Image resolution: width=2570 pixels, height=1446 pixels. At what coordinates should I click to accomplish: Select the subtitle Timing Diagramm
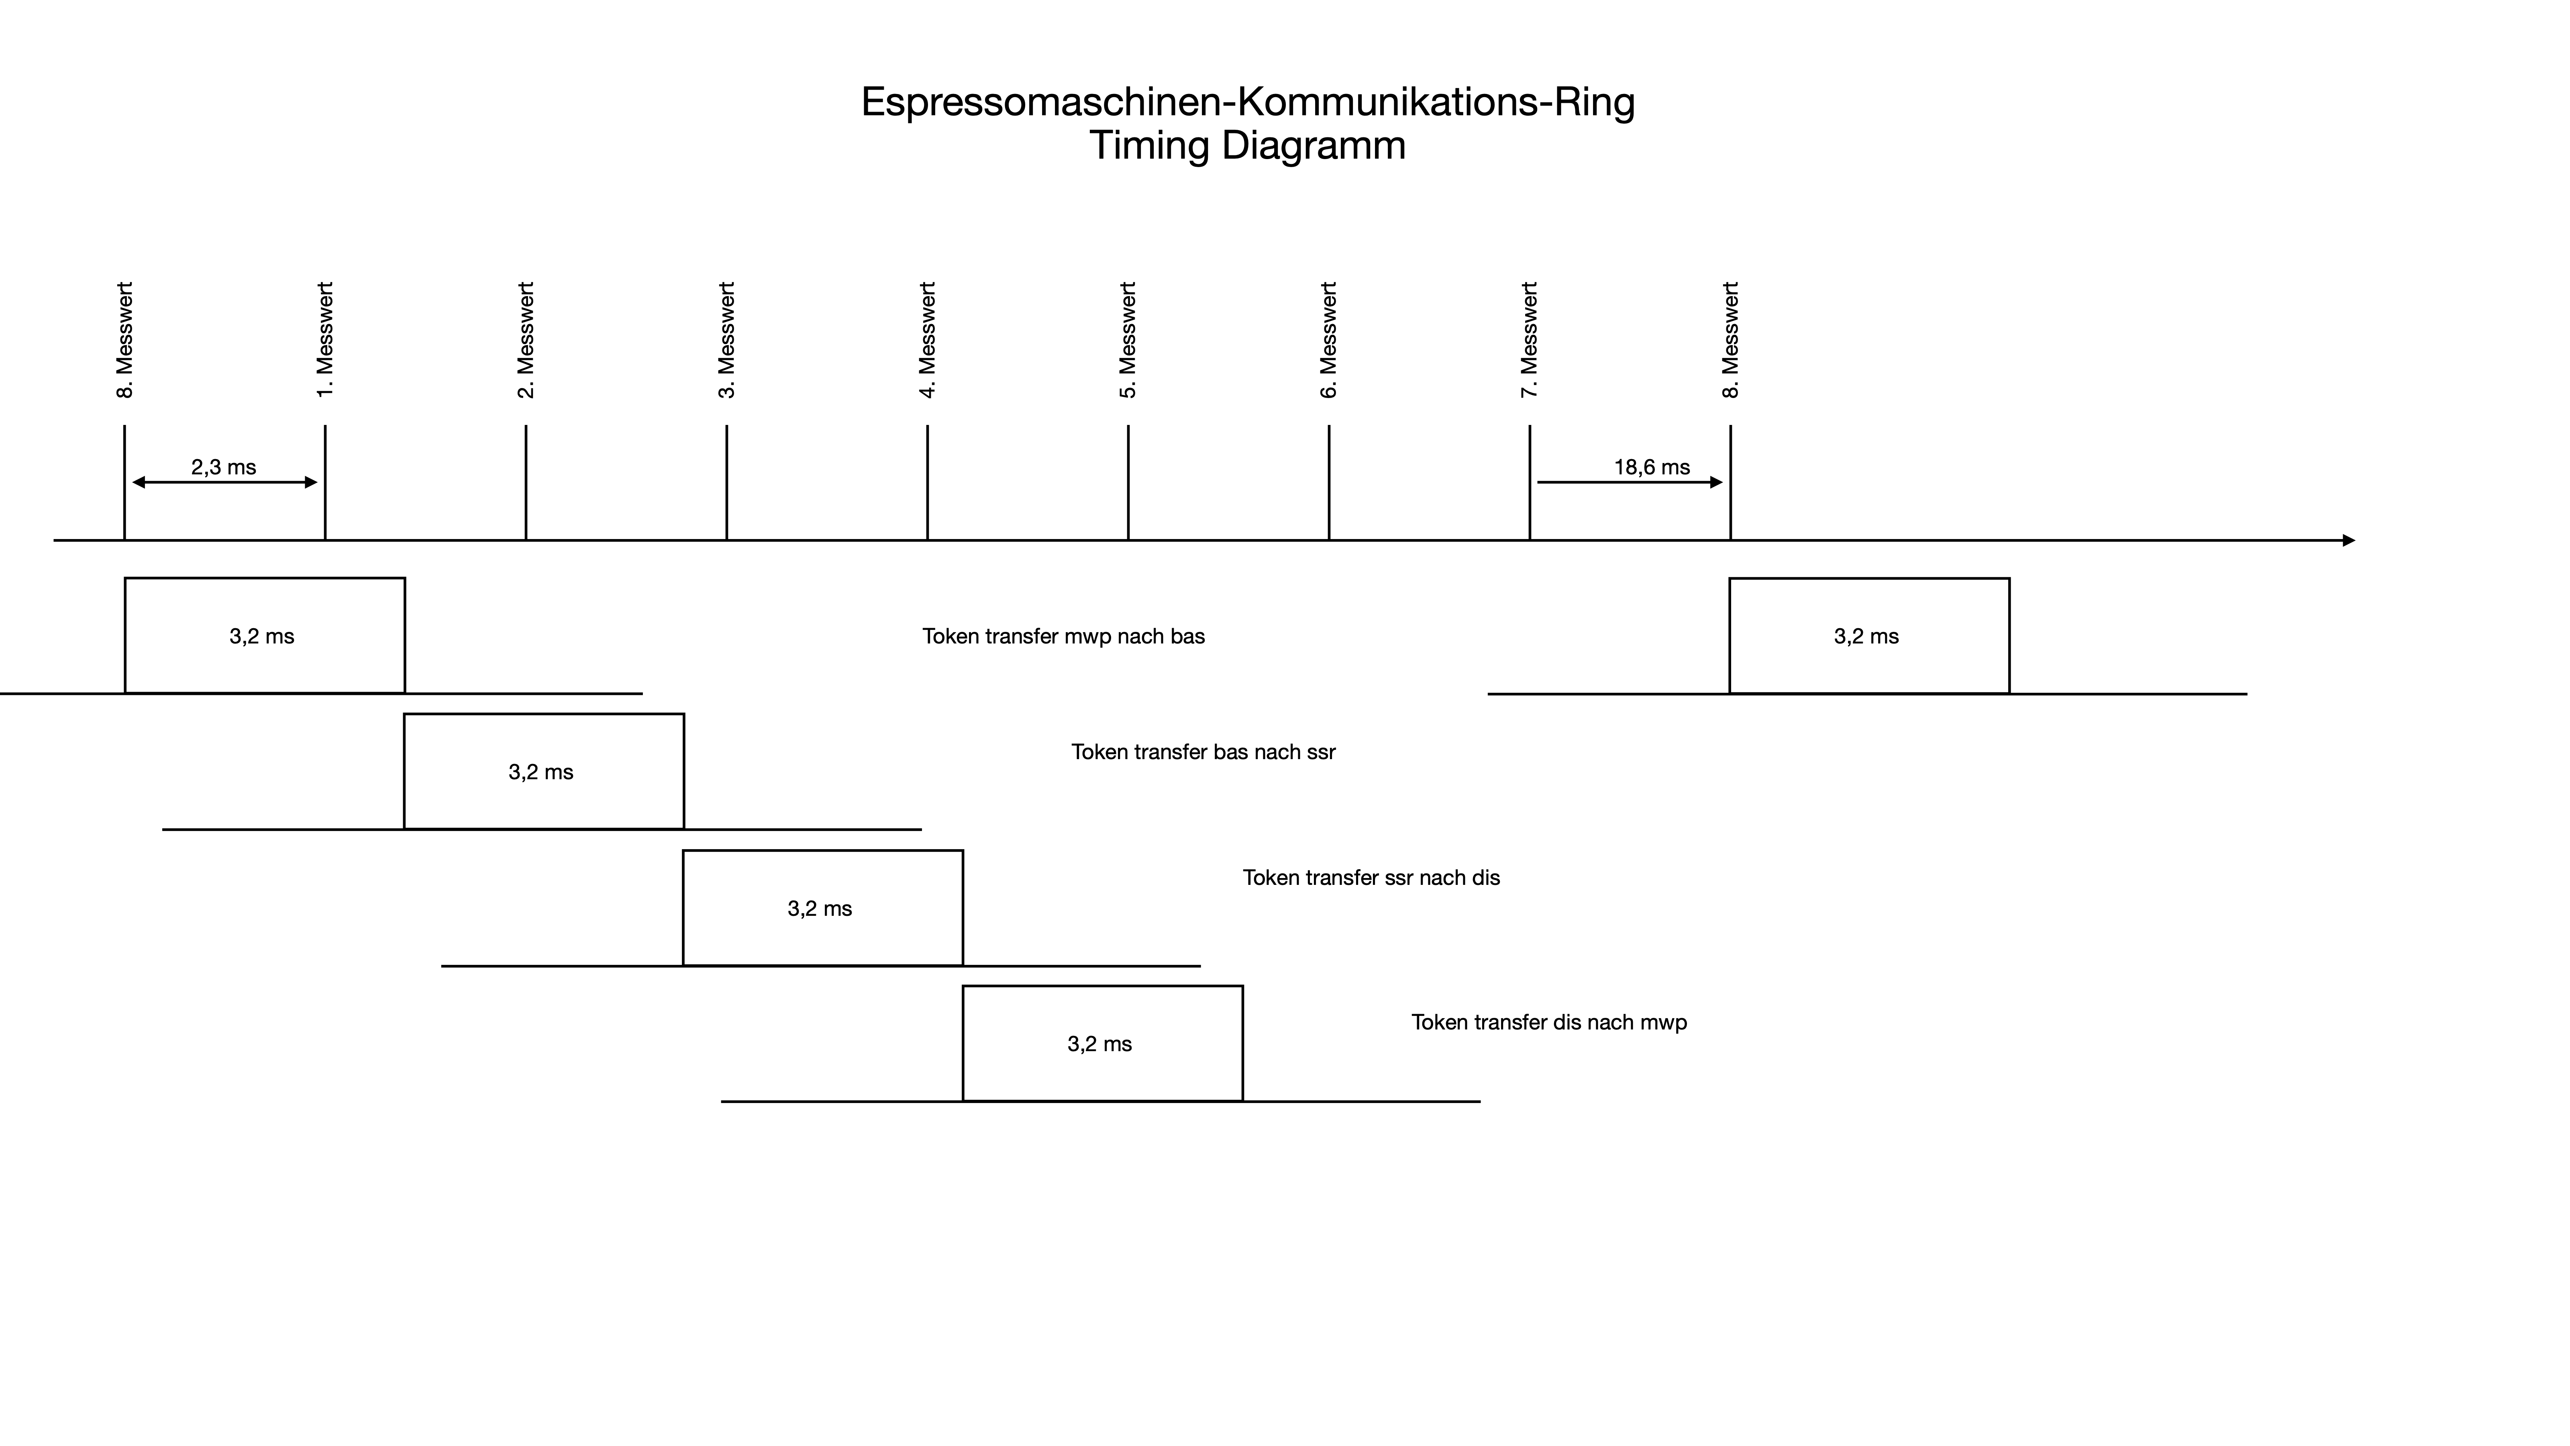click(1247, 146)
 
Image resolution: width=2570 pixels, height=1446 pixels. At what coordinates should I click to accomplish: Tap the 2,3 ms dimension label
click(224, 467)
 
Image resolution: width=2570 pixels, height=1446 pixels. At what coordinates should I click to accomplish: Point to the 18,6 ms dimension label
click(1652, 467)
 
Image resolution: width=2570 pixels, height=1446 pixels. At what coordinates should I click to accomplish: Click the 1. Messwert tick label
click(325, 340)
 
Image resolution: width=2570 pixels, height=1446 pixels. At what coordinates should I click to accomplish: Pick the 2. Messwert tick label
click(526, 340)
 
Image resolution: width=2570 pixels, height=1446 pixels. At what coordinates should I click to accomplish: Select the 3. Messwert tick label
click(726, 340)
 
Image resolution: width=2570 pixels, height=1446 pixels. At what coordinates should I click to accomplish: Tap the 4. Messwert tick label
click(928, 340)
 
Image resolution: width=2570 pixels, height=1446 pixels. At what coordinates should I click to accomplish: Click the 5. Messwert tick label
click(1128, 340)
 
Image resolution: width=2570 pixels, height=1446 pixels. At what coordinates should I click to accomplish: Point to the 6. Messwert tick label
click(1329, 340)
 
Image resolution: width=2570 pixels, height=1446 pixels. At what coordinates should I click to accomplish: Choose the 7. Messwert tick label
click(1530, 340)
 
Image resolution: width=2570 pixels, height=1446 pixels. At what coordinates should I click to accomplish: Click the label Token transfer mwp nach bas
click(1063, 637)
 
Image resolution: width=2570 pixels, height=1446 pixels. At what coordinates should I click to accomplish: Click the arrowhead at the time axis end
click(2348, 541)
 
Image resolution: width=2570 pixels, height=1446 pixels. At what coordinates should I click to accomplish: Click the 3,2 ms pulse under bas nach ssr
click(544, 771)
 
